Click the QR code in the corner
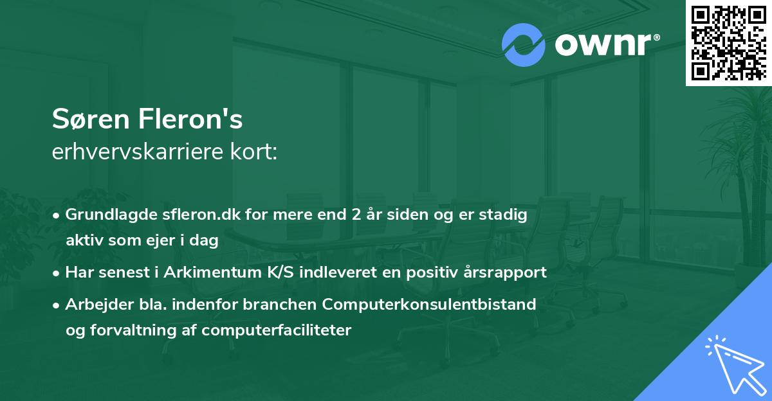(728, 42)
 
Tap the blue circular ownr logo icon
(524, 45)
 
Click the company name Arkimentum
(210, 272)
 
